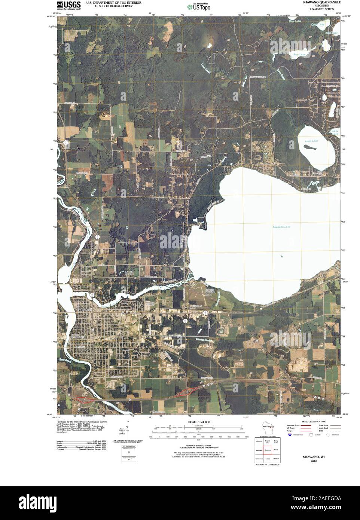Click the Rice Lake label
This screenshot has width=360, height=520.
pyautogui.click(x=299, y=55)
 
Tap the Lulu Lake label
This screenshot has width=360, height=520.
pyautogui.click(x=335, y=132)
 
